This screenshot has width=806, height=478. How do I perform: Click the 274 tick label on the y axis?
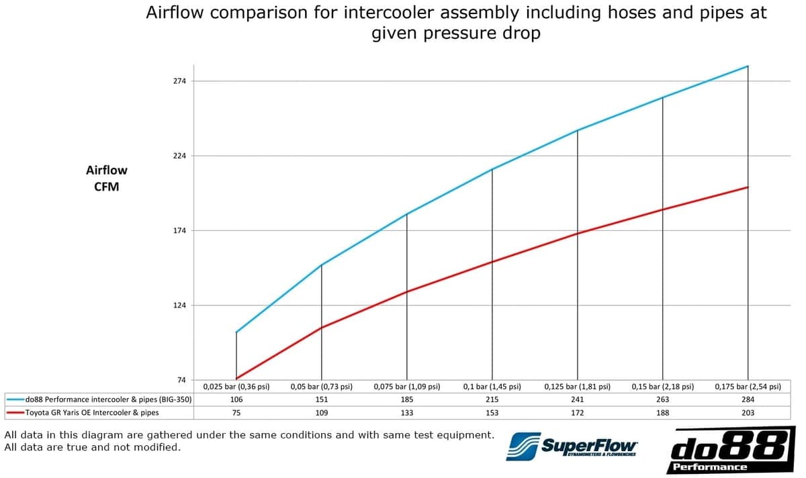click(x=179, y=81)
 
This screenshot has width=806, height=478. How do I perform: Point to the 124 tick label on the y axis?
click(x=179, y=305)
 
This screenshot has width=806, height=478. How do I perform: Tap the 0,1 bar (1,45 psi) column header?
click(x=492, y=387)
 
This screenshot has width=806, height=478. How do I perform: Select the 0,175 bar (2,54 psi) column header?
click(x=748, y=387)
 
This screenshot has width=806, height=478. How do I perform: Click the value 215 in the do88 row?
click(x=492, y=399)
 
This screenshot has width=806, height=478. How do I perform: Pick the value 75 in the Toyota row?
click(x=236, y=413)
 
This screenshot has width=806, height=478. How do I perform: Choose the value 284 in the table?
click(x=748, y=399)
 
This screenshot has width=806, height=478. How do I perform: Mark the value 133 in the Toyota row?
click(x=407, y=413)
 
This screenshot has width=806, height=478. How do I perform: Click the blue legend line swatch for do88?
click(x=15, y=399)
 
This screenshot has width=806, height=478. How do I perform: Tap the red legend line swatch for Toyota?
click(x=15, y=412)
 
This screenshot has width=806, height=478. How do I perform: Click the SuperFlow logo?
click(x=572, y=446)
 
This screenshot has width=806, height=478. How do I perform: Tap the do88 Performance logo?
click(x=731, y=450)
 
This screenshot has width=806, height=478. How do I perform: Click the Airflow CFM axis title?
click(x=107, y=179)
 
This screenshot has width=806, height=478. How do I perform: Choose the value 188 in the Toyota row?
click(x=662, y=413)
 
